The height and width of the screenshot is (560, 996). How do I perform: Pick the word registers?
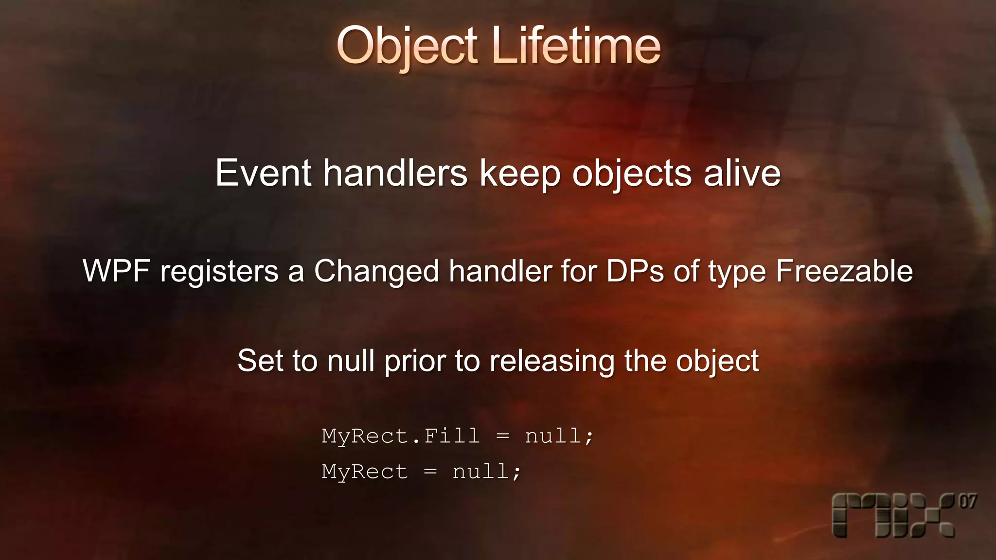click(219, 271)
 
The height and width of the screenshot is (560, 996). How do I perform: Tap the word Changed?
click(376, 271)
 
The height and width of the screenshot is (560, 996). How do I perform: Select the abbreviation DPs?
click(635, 271)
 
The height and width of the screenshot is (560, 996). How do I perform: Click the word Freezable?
click(844, 271)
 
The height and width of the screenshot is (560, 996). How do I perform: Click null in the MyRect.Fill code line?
click(553, 436)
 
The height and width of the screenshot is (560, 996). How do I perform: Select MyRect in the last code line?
click(364, 472)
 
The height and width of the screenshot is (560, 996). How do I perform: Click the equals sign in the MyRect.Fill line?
click(503, 437)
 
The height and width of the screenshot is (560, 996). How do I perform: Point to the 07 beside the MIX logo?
click(968, 502)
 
